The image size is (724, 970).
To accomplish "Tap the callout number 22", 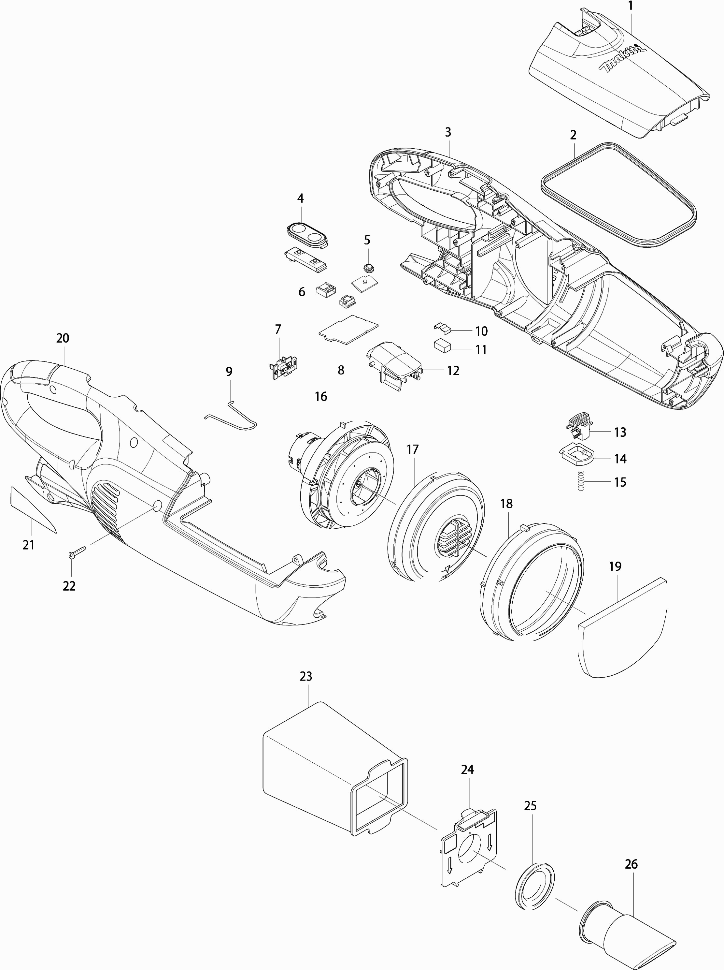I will tap(69, 586).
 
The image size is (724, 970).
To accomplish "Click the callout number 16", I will tap(321, 396).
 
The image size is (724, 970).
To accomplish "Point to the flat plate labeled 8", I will tap(348, 331).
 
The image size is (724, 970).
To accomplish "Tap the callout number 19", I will tap(615, 566).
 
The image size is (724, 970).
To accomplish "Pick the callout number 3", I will tap(447, 132).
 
